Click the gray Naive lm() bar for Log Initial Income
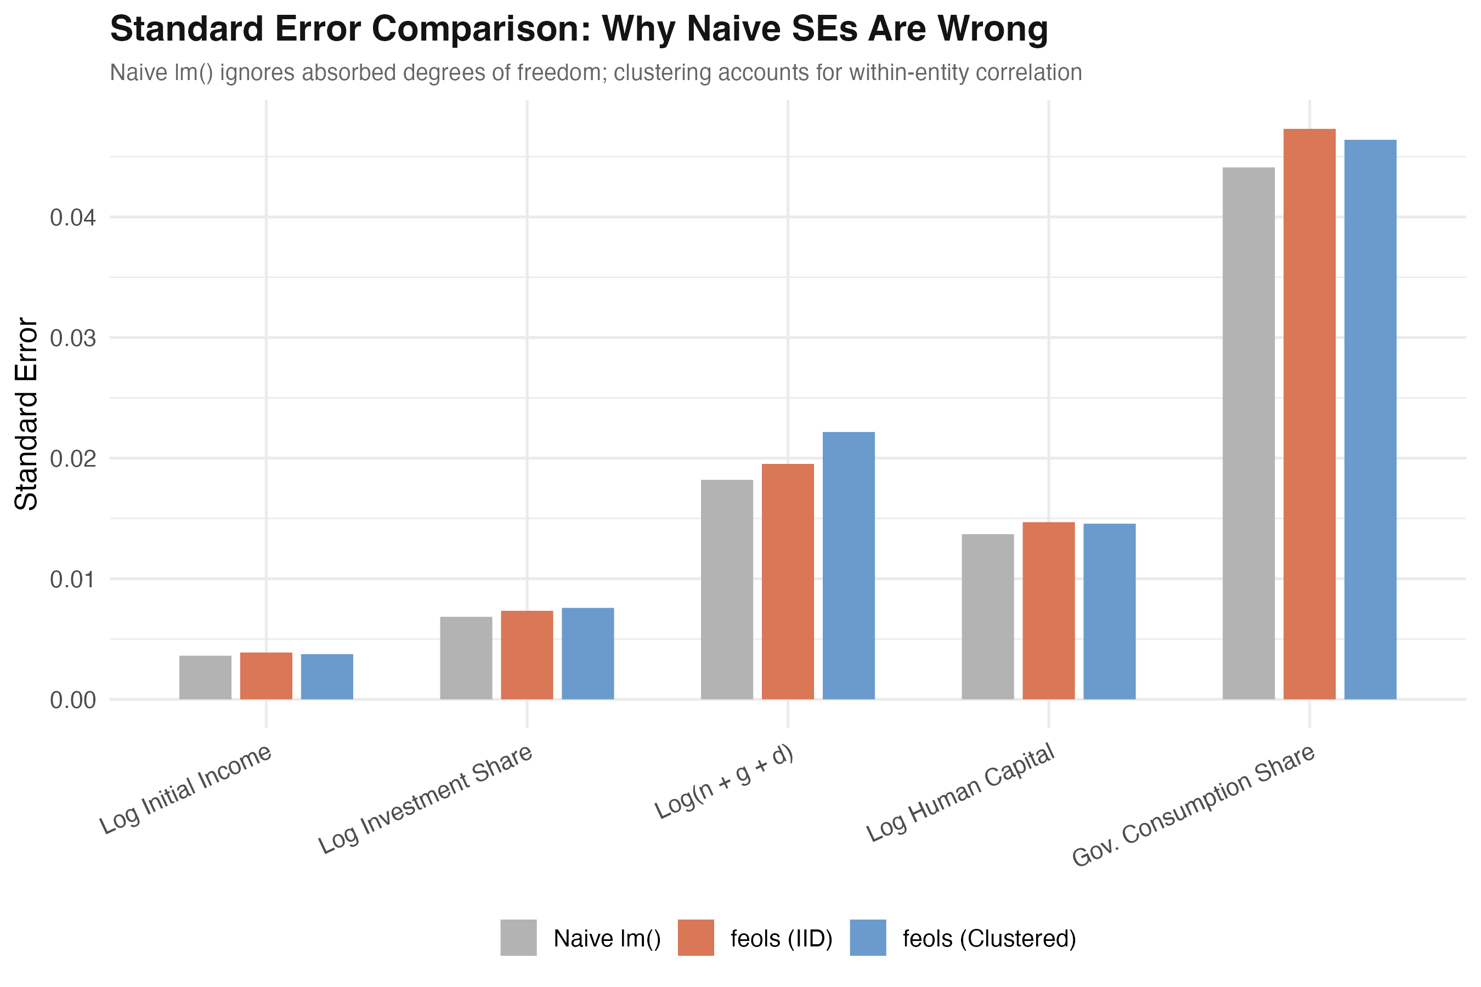[205, 677]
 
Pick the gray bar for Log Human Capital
[987, 616]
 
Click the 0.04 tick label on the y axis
[73, 218]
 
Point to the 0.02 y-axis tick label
[73, 459]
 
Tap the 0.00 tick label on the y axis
[73, 700]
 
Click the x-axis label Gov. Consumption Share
[1193, 805]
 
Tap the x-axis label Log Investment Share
[426, 799]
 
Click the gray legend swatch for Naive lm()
[518, 937]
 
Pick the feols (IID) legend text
[781, 939]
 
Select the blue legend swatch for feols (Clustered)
[868, 937]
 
